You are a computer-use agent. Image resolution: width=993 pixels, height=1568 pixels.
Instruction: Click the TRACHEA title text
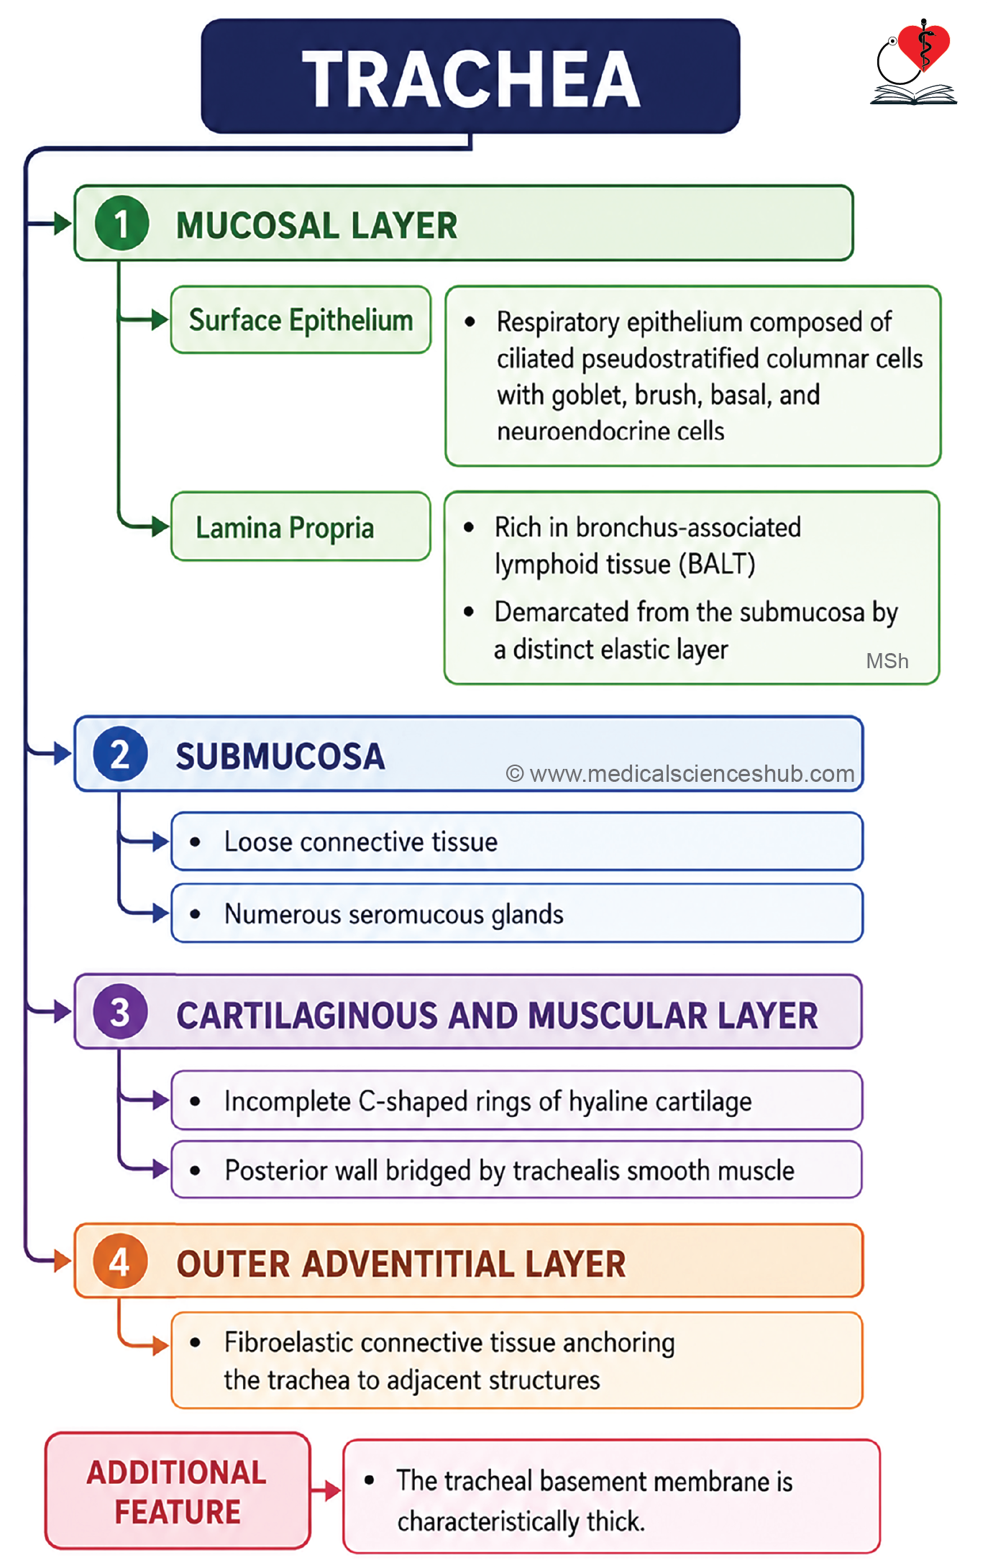[471, 78]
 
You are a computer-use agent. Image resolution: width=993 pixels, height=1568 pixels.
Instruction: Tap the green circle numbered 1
[122, 223]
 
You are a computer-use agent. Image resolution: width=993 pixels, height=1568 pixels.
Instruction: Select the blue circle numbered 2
[120, 754]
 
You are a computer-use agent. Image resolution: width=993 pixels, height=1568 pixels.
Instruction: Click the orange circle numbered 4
[120, 1262]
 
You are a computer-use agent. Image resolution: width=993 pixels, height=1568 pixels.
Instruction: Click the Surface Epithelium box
[301, 320]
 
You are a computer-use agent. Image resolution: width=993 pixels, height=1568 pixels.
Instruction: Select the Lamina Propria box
[301, 527]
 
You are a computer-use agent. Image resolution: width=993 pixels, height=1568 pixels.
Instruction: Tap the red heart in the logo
[924, 47]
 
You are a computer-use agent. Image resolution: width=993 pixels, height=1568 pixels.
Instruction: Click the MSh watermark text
[887, 661]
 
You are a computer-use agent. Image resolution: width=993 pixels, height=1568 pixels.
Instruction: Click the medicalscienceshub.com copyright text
[680, 774]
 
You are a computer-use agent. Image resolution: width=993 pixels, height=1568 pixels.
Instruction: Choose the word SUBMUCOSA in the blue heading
[280, 757]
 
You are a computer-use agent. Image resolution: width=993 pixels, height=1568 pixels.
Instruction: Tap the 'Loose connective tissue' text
[361, 842]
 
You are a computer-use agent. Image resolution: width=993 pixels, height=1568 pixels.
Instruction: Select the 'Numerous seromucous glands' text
[394, 914]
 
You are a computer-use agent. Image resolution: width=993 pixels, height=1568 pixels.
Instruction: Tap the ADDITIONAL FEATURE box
[178, 1491]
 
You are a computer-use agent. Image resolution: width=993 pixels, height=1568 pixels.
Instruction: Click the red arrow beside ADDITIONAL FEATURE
[326, 1490]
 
